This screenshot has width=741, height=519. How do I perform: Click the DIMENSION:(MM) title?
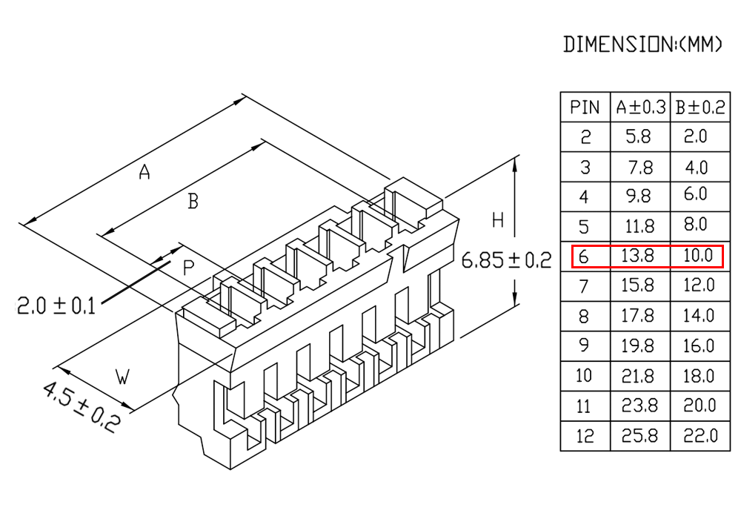point(642,44)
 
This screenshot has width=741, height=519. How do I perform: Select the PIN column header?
point(585,108)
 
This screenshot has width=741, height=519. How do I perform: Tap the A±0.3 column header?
point(640,108)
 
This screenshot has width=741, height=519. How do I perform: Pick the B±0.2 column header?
point(700,108)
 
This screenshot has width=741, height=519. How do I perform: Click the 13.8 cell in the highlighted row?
point(637,256)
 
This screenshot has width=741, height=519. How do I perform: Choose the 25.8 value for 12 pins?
point(639,435)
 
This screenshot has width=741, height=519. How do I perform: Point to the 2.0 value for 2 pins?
point(695,136)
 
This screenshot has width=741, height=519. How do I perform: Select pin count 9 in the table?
point(584,346)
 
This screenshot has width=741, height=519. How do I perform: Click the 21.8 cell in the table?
point(637,376)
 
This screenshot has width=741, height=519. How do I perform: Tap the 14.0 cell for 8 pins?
point(698,315)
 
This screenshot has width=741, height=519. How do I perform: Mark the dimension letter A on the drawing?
point(144,171)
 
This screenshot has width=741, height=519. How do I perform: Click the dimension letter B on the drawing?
point(193,202)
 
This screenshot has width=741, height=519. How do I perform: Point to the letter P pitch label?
point(188,268)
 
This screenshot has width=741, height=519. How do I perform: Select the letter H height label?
point(498,220)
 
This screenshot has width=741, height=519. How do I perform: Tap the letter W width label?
point(122,377)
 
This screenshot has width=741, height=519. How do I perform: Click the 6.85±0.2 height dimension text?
point(506,260)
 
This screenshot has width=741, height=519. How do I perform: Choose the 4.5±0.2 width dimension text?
point(80,408)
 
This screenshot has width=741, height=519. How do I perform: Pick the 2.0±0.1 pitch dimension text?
point(56,305)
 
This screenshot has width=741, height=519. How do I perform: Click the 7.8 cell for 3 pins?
point(640,168)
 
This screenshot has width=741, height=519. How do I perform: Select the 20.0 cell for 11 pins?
point(700,405)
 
